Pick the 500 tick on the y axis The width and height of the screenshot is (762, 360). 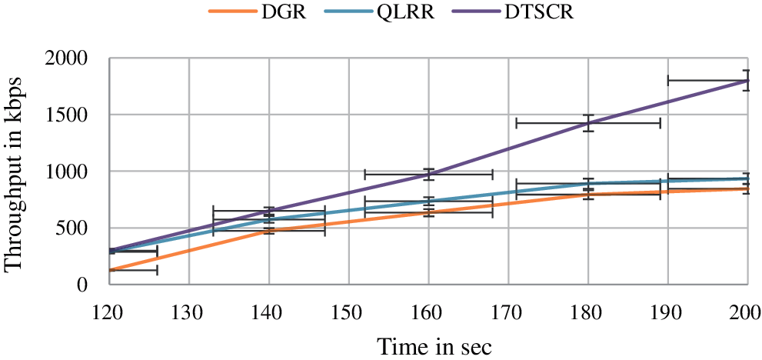click(74, 228)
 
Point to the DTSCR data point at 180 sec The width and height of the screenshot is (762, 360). click(588, 123)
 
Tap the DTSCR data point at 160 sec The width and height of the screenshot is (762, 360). click(429, 174)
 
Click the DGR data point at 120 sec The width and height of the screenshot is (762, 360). click(110, 270)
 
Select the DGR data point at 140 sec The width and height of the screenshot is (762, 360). click(269, 230)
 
